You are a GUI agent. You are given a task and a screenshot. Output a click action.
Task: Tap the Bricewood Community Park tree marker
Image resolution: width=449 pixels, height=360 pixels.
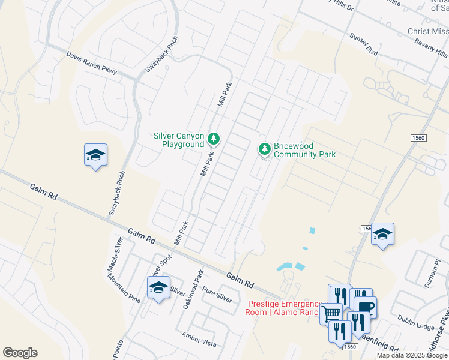pyautogui.click(x=264, y=148)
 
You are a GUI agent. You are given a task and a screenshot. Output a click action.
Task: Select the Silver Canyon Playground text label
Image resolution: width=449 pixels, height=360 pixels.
pyautogui.click(x=179, y=140)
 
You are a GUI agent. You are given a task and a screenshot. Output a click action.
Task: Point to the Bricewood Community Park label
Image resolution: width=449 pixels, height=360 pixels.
pyautogui.click(x=304, y=150)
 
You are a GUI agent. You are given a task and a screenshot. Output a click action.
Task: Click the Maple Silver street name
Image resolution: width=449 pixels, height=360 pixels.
pyautogui.click(x=115, y=254)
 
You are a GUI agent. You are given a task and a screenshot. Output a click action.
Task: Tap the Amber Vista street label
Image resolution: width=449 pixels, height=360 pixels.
pyautogui.click(x=199, y=343)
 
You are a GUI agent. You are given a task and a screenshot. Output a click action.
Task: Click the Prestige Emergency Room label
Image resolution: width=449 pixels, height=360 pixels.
pyautogui.click(x=284, y=307)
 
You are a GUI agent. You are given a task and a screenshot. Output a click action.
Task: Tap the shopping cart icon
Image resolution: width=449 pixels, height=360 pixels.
pyautogui.click(x=331, y=313)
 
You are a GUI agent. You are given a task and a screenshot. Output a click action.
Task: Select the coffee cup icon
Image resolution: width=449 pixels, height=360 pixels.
pyautogui.click(x=365, y=306)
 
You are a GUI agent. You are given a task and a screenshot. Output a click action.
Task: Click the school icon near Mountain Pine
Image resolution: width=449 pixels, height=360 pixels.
pyautogui.click(x=158, y=287)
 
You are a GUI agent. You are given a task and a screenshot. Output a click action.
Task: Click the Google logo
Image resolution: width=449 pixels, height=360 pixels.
pyautogui.click(x=20, y=353)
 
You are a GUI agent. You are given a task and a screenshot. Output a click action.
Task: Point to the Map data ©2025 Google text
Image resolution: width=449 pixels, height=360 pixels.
pyautogui.click(x=412, y=355)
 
